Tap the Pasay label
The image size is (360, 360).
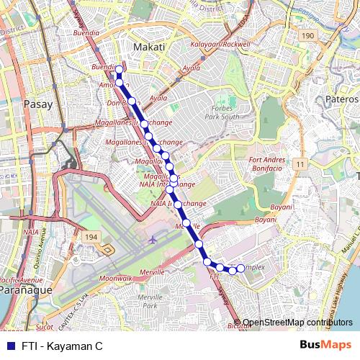(x=38, y=104)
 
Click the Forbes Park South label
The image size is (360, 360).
(x=220, y=112)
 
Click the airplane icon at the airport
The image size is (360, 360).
(x=153, y=239)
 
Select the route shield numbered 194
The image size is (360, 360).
(x=90, y=236)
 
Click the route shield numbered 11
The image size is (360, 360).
(x=297, y=165)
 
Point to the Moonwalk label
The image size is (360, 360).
(x=115, y=278)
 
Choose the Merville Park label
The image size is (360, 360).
(x=149, y=301)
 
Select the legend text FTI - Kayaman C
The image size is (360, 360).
(x=61, y=346)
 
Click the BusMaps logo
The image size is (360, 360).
(x=326, y=346)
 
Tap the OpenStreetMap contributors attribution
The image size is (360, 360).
(x=297, y=322)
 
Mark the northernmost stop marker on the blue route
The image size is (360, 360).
(x=119, y=69)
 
